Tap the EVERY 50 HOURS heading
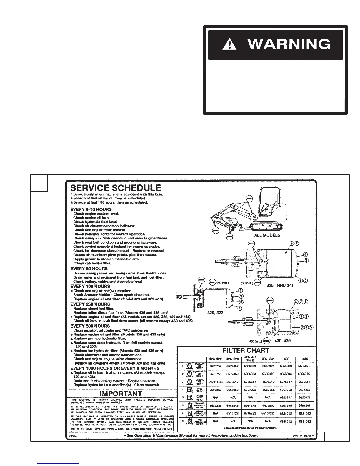(89, 269)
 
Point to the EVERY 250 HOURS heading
(90, 304)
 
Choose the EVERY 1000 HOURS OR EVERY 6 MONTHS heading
(115, 368)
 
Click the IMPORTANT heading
(121, 394)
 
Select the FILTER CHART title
(246, 350)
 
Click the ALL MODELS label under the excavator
(267, 235)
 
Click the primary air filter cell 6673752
(215, 366)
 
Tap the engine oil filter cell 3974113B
(215, 382)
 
